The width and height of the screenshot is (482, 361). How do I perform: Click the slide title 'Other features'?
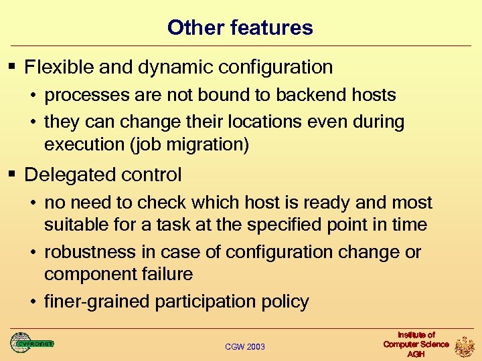(240, 28)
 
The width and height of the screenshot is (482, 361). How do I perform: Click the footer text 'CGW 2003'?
(245, 346)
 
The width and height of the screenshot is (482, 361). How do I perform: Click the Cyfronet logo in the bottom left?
(31, 343)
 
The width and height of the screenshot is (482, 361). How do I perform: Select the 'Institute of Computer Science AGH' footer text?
(416, 344)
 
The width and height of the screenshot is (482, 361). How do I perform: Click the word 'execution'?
(86, 145)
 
